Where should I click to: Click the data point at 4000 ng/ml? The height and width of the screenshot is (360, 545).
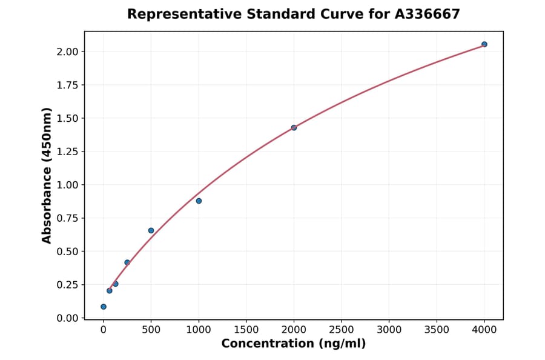(484, 44)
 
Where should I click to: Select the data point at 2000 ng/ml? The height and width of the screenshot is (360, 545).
(294, 128)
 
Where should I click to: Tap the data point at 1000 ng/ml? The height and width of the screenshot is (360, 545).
(199, 201)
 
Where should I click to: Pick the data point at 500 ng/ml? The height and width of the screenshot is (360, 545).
(151, 230)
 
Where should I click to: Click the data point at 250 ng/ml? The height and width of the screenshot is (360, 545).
(127, 262)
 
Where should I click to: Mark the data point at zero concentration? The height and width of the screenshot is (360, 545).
(104, 307)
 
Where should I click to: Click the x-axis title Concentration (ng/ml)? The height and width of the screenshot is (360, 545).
(293, 344)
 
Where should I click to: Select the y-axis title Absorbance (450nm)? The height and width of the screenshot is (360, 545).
(47, 175)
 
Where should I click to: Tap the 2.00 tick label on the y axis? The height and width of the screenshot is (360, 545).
(67, 52)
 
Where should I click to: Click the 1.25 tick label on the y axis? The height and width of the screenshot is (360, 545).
(67, 152)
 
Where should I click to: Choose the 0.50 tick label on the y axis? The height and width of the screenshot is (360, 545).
(67, 252)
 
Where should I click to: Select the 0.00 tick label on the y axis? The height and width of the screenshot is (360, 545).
(67, 318)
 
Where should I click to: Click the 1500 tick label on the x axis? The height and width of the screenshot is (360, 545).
(246, 330)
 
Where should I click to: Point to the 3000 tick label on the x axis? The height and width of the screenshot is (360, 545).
(389, 330)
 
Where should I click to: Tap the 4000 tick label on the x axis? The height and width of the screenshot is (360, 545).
(484, 330)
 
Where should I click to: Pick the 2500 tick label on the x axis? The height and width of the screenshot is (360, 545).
(341, 330)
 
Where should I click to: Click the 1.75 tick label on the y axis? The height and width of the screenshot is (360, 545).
(67, 85)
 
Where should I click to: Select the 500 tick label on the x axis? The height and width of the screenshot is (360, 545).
(151, 330)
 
